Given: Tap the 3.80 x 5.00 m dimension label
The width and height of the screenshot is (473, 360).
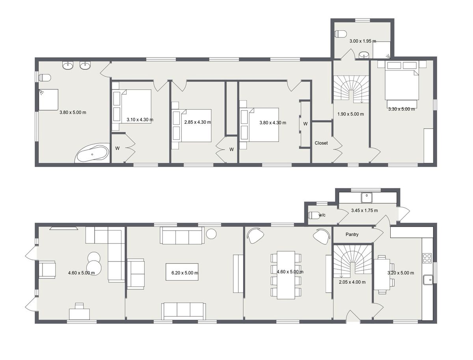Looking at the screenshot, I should point(73,112).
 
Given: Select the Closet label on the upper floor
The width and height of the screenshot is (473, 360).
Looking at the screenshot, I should point(321,143).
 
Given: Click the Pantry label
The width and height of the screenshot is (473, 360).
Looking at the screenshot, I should point(352,235).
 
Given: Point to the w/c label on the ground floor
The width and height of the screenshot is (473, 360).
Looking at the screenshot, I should point(322,215).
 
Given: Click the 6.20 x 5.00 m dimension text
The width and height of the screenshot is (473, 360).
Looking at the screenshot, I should point(182,273).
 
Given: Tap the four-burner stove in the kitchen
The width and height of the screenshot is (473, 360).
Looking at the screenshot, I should point(427,258).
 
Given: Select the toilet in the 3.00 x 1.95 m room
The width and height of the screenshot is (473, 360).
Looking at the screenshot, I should point(340,34).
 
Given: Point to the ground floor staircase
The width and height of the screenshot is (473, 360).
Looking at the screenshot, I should point(352,261).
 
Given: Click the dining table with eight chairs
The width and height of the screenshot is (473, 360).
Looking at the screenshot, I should point(286,274).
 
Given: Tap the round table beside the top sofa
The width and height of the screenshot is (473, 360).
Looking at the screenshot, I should point(212,234).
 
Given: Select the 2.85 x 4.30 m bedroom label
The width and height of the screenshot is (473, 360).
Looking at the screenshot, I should point(197,122).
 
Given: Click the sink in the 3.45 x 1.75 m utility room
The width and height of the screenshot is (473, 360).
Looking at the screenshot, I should point(367,196).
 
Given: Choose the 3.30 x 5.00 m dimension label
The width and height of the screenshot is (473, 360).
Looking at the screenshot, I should point(401,109).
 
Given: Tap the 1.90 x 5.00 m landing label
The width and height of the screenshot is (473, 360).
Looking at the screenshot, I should point(350,114).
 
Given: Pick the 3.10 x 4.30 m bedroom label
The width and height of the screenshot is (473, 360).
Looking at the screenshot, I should point(140,119).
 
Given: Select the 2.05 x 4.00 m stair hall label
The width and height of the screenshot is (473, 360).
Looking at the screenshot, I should point(352,282).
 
